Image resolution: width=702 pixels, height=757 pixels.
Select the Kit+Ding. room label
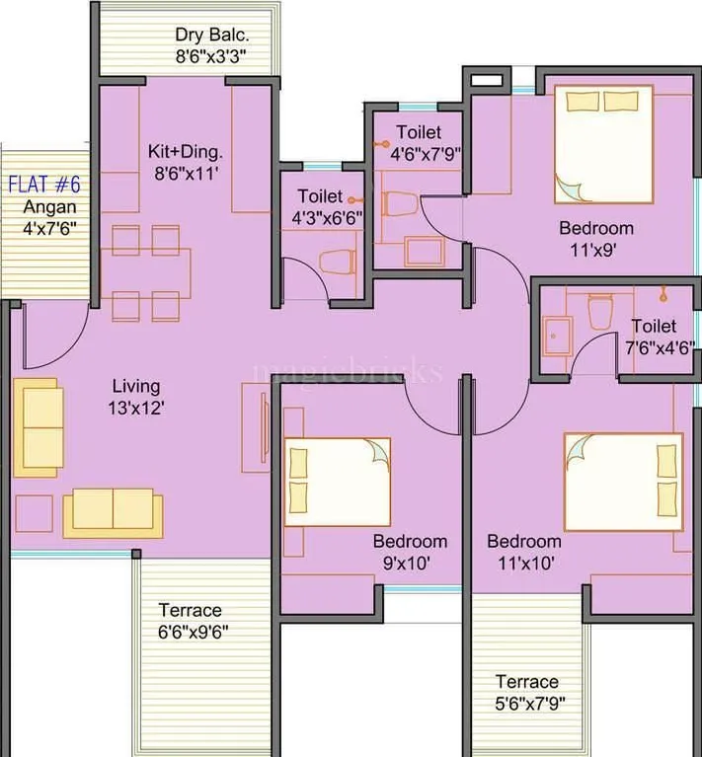click(x=186, y=153)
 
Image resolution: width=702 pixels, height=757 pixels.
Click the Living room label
click(x=135, y=386)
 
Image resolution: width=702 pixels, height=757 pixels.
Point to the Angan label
click(x=49, y=207)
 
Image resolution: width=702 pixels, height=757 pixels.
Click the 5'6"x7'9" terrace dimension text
click(x=526, y=704)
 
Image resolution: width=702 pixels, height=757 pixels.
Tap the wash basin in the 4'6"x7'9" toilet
click(x=425, y=251)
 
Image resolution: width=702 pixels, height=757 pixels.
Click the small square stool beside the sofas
click(x=34, y=512)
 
